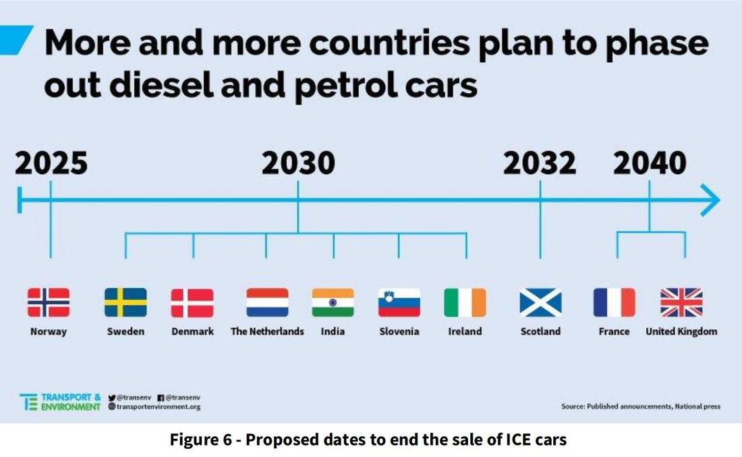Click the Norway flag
tap(49, 302)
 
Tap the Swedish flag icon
tap(125, 302)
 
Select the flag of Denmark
tap(192, 302)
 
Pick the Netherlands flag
tap(267, 302)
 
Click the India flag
tap(333, 302)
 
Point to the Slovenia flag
tap(399, 302)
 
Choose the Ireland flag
tap(465, 302)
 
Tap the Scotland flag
tap(540, 302)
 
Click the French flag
tap(614, 302)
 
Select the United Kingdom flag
tap(681, 302)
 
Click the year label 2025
tap(51, 164)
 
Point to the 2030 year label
tap(297, 164)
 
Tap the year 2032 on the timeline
tap(540, 164)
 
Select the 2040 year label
tap(650, 164)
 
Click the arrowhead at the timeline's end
tap(710, 200)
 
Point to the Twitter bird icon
tap(112, 398)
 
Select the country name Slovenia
tap(399, 331)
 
